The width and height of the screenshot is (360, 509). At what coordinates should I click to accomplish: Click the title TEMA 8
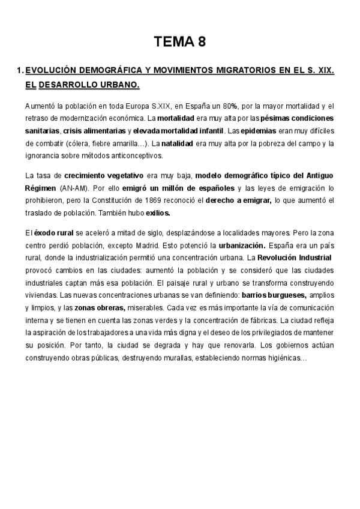pyautogui.click(x=180, y=42)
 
